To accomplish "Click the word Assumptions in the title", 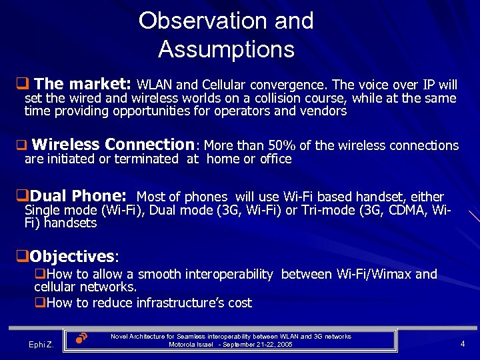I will (x=226, y=49).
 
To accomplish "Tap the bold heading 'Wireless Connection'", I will (x=112, y=145).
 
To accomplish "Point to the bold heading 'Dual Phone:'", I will (x=78, y=196).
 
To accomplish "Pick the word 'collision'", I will (x=257, y=99).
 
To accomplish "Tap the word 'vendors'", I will (x=324, y=111).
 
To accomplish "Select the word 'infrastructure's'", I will (x=180, y=303).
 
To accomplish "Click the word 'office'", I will (x=275, y=159).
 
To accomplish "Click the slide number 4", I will (x=463, y=344).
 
